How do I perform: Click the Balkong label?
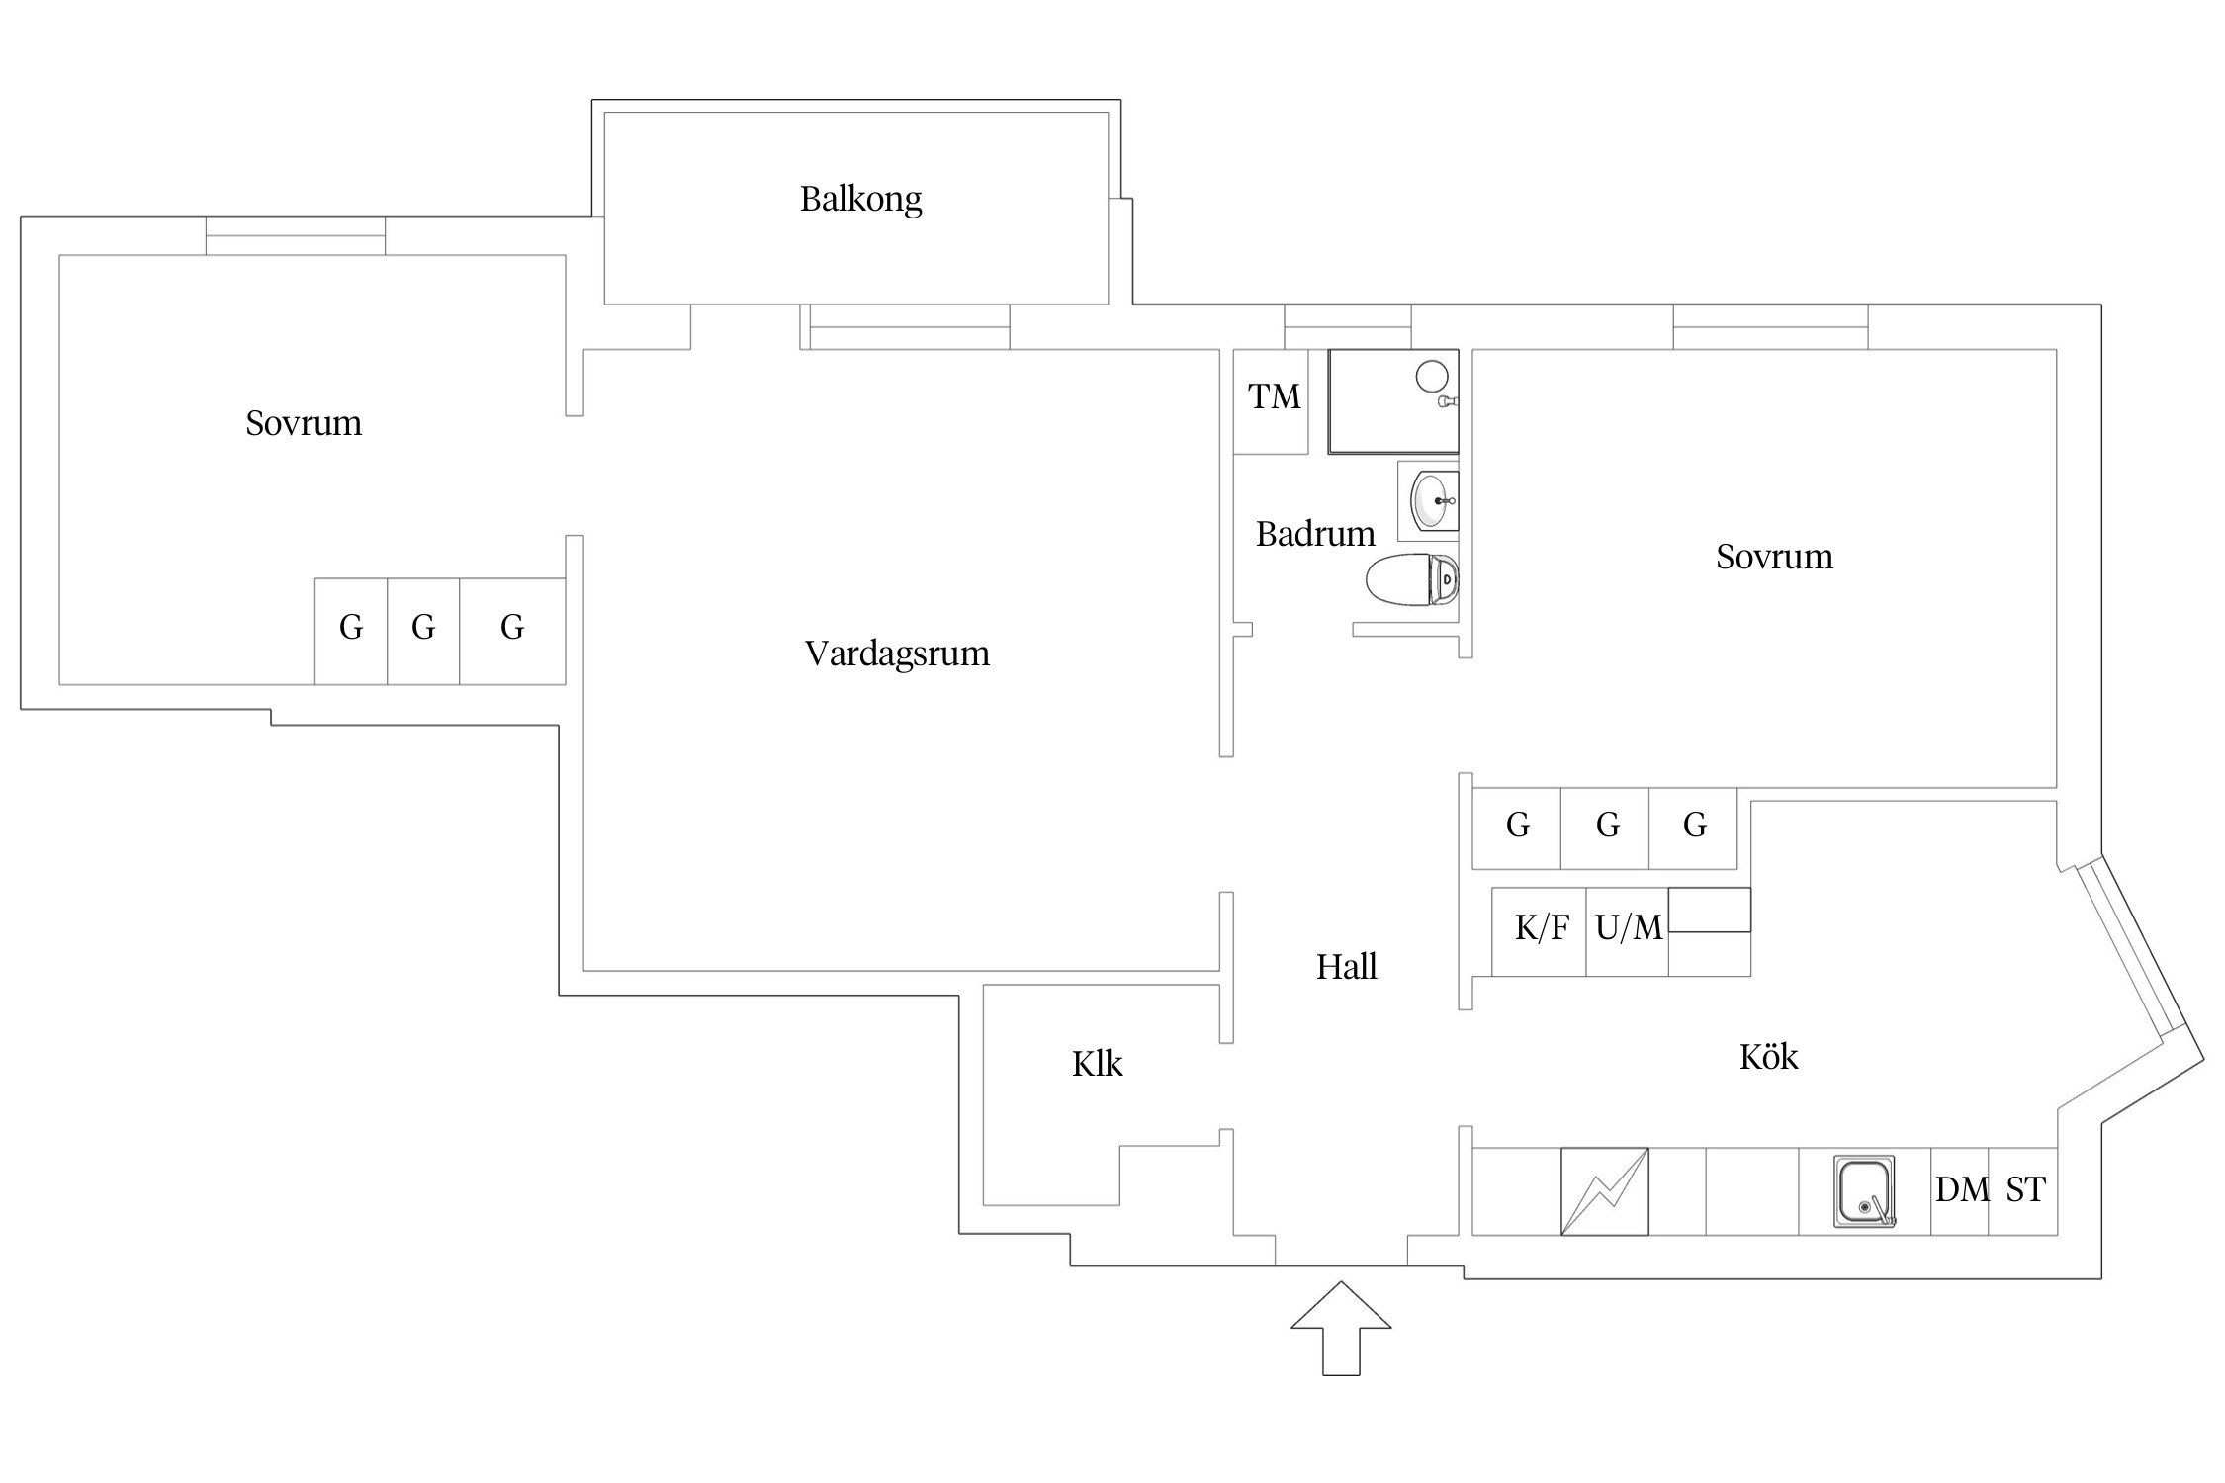click(x=860, y=200)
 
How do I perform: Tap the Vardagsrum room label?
click(x=897, y=654)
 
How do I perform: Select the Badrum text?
click(x=1315, y=534)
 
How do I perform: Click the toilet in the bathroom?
click(x=1412, y=579)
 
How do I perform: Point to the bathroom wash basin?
click(x=1430, y=501)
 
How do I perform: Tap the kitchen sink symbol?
click(x=1864, y=1191)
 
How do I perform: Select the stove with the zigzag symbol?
click(x=1604, y=1191)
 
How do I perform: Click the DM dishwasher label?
click(x=1962, y=1189)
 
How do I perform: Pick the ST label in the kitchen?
click(x=2025, y=1189)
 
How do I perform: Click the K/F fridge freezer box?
click(x=1541, y=929)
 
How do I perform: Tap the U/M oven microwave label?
click(x=1629, y=929)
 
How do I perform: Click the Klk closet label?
click(x=1097, y=1065)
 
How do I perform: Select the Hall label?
click(x=1346, y=967)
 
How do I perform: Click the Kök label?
click(x=1768, y=1058)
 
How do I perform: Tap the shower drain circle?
click(x=1432, y=376)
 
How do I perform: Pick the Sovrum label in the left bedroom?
click(x=304, y=423)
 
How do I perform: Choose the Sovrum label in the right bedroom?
click(x=1774, y=557)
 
